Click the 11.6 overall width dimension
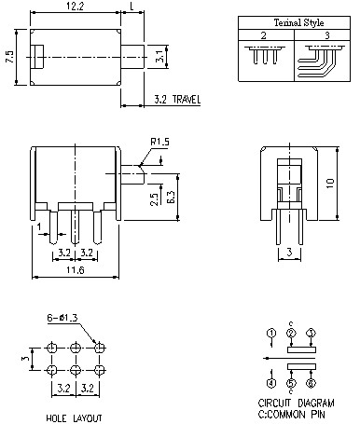click(x=76, y=269)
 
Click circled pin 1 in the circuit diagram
click(x=270, y=333)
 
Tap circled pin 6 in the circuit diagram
click(x=311, y=382)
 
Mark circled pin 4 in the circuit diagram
click(x=270, y=382)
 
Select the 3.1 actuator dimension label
click(x=159, y=59)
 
